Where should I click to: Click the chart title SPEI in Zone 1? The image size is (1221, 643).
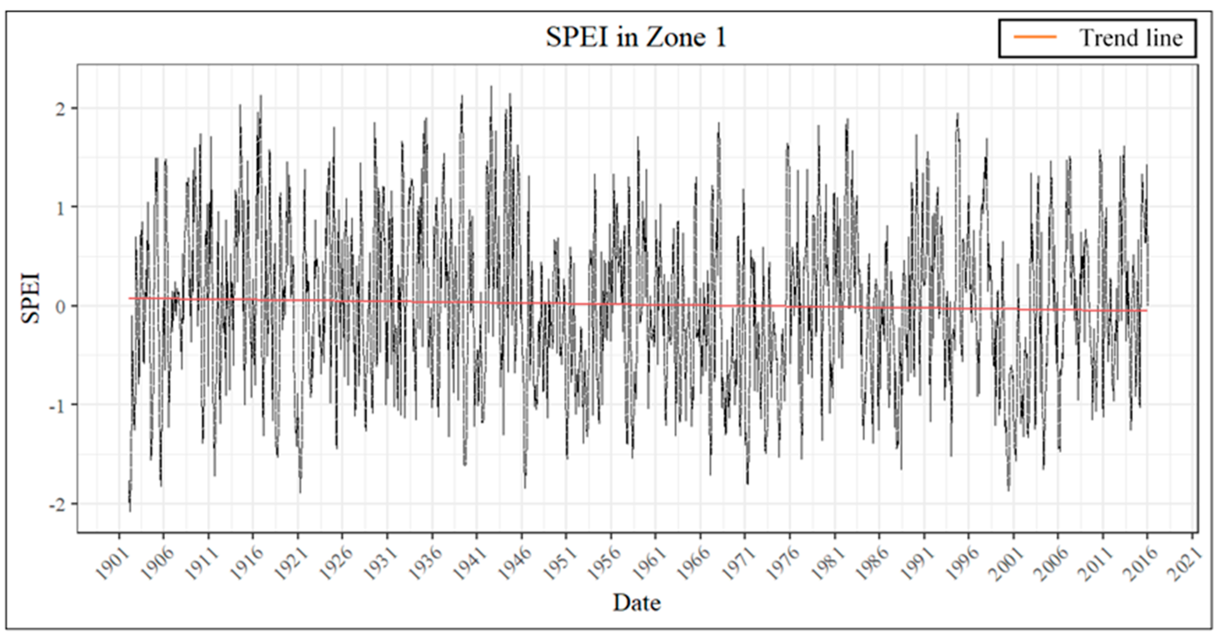click(x=636, y=37)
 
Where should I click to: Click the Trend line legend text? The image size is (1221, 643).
click(x=1130, y=38)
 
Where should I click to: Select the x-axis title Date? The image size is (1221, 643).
click(x=637, y=603)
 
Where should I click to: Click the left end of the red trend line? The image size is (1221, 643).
click(x=129, y=298)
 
